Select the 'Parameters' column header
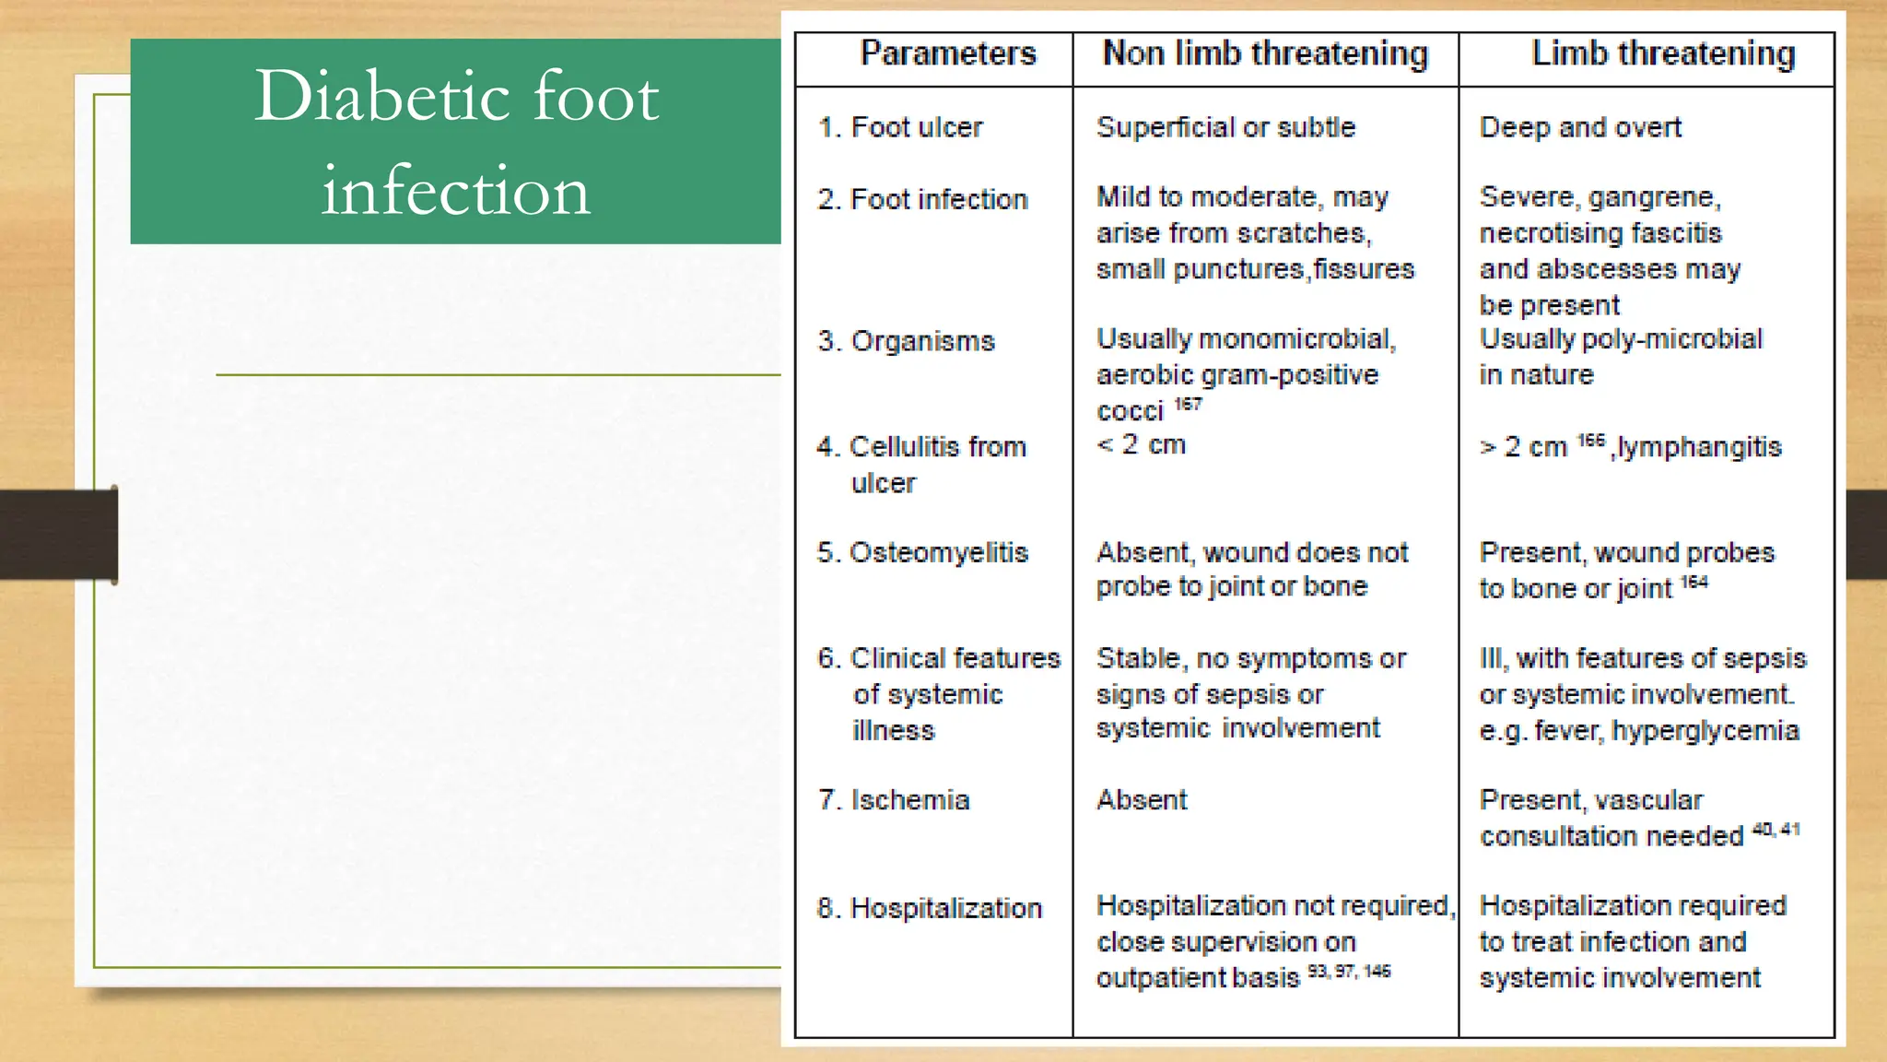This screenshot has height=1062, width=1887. coord(947,53)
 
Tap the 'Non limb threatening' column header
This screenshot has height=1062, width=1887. coord(1265,53)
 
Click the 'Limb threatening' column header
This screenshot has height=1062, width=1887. coord(1662,53)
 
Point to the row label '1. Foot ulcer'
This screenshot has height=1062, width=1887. coord(900,127)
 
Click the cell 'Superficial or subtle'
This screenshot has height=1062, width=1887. coord(1225,127)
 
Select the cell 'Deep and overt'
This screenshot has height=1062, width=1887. coord(1579,127)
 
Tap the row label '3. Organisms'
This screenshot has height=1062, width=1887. coord(906,341)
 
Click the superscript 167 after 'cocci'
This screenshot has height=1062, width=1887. coord(1188,404)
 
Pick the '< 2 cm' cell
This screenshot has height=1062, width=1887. coord(1141,445)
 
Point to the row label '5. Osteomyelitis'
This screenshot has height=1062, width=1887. coord(922,552)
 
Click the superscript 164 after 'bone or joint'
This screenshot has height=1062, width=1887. coord(1694,582)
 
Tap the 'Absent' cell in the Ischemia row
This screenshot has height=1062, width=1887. coord(1141,800)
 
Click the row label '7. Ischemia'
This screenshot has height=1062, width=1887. coord(894,800)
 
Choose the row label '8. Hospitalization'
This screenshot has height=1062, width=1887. coord(929,908)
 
